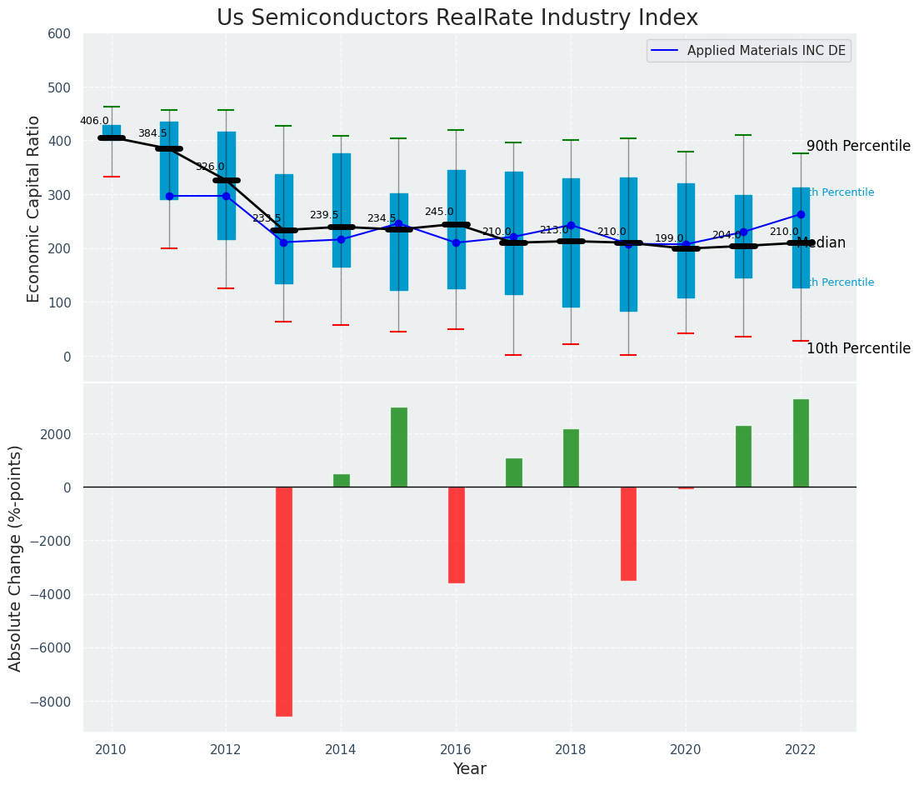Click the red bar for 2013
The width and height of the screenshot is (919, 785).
click(x=284, y=601)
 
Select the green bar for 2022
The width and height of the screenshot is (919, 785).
click(x=801, y=443)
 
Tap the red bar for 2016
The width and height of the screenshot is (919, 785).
click(x=457, y=535)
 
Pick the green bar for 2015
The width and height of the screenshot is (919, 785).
click(x=399, y=447)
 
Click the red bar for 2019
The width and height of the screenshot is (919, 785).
click(x=628, y=533)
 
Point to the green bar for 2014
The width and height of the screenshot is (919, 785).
click(x=342, y=481)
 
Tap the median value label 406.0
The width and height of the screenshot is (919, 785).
click(x=94, y=121)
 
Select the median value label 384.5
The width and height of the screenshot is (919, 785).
click(x=152, y=133)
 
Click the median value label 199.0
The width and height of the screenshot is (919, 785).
click(x=669, y=238)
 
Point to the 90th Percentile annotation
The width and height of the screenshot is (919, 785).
click(x=858, y=146)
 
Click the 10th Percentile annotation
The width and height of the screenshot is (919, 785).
click(x=858, y=348)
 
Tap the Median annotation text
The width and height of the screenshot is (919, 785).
click(x=822, y=243)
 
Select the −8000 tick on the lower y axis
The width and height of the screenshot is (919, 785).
click(x=51, y=702)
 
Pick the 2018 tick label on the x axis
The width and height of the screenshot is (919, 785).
click(x=571, y=750)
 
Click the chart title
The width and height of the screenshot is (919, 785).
click(x=457, y=18)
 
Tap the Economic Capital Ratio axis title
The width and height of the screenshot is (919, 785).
click(x=34, y=209)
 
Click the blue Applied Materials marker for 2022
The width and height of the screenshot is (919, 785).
click(x=801, y=214)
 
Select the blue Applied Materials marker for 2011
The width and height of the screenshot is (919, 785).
click(x=169, y=196)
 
